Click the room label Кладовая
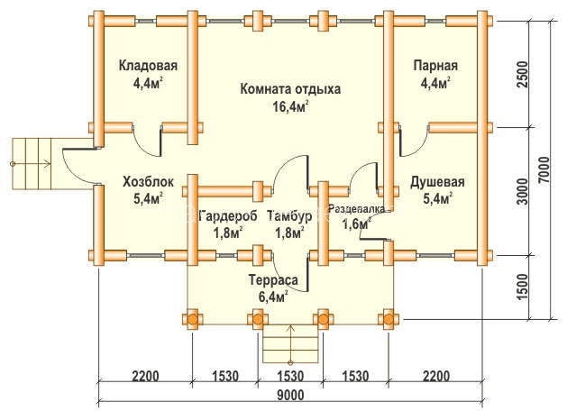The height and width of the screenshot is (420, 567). pos(148,66)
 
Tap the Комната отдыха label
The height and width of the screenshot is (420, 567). pos(290,89)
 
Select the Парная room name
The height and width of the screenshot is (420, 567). pos(435,66)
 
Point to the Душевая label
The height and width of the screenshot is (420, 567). pos(437,182)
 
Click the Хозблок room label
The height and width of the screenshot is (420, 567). pos(148,181)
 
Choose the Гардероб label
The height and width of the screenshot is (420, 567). pos(228,216)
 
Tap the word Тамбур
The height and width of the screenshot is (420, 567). pos(289,216)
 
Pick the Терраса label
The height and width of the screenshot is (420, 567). pos(273,280)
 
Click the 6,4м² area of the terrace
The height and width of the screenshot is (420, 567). pos(273,297)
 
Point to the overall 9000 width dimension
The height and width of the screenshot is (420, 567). pos(291,396)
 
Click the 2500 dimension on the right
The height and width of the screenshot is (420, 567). pos(523,75)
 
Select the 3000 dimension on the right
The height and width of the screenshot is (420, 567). pos(523,192)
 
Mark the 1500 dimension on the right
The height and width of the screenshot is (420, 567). pos(523,288)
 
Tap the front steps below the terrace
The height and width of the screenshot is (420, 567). pos(290,343)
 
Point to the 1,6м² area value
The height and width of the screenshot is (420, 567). pos(357,224)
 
